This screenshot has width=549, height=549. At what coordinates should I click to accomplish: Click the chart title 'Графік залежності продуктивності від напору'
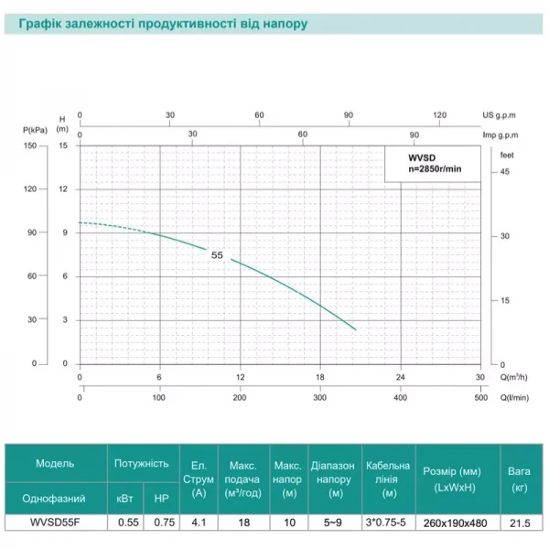[x=157, y=21]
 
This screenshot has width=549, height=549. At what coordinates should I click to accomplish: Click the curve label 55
[x=217, y=255]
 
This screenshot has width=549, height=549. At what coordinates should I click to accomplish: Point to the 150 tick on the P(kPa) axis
[x=31, y=145]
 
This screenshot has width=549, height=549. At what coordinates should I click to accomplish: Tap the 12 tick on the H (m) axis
[x=63, y=188]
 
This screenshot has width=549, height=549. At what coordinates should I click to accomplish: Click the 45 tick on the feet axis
[x=504, y=172]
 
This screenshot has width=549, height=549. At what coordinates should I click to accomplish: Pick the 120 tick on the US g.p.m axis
[x=439, y=115]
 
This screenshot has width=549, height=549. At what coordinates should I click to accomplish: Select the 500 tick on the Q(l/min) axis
[x=480, y=397]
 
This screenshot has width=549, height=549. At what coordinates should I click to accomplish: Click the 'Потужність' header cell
[x=140, y=464]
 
